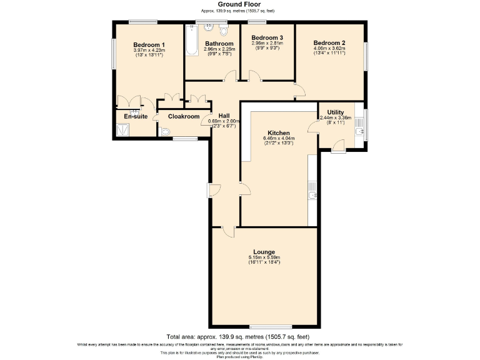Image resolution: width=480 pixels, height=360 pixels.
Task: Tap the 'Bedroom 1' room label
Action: point(149,44)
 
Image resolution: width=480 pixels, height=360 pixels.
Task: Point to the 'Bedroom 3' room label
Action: point(267,37)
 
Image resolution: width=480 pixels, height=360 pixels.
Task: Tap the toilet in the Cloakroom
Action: point(164,132)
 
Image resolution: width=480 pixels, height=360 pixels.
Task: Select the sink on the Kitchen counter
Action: point(312,197)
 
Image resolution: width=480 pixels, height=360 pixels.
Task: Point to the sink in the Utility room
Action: point(359,131)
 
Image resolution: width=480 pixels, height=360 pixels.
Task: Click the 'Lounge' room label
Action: point(265,252)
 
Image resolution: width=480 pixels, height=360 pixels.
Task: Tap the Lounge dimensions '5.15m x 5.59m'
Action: point(265,257)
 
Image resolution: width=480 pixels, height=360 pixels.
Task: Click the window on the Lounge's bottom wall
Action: point(267,327)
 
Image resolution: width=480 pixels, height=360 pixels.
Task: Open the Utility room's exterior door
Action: point(337,146)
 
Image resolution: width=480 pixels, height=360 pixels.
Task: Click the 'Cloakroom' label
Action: point(184,116)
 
